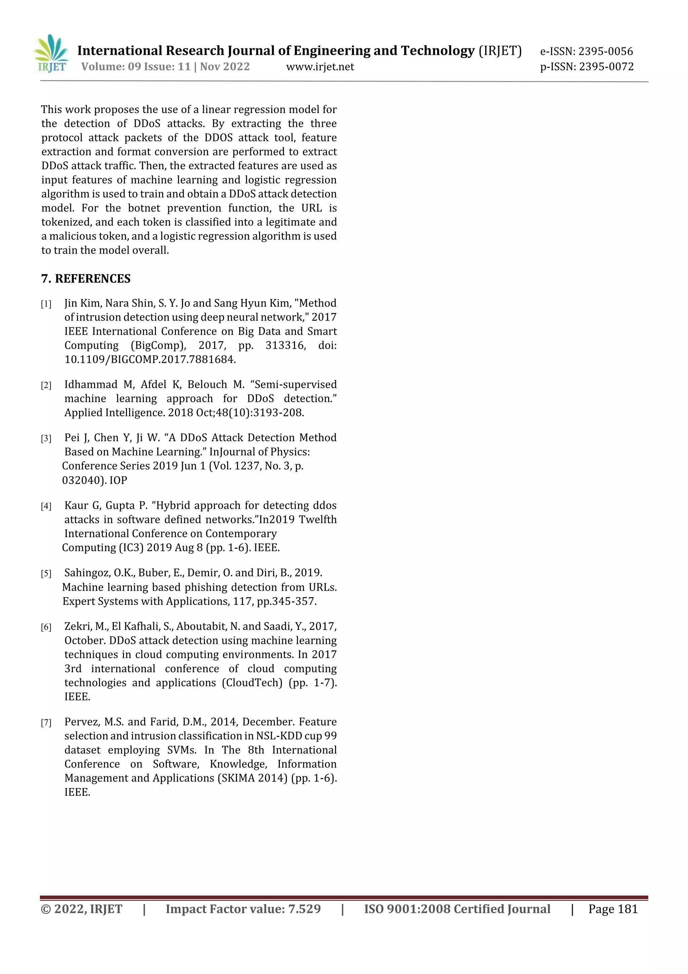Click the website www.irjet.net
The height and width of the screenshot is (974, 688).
320,67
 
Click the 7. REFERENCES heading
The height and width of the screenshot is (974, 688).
86,279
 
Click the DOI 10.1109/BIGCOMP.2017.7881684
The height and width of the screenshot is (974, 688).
149,360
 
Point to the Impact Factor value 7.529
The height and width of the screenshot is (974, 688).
304,909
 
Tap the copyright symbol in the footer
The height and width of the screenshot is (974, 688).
45,909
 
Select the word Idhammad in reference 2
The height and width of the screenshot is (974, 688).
90,385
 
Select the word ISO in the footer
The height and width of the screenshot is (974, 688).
375,909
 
